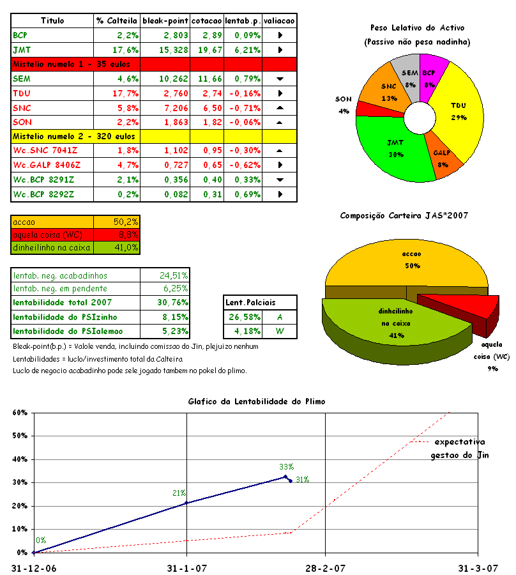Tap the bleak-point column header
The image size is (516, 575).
click(x=165, y=20)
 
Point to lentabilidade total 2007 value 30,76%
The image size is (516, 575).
click(x=173, y=302)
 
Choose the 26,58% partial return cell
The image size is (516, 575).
click(x=243, y=316)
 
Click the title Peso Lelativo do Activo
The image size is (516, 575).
click(x=417, y=28)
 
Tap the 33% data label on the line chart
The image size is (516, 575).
click(x=286, y=467)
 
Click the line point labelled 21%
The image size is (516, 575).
click(x=186, y=503)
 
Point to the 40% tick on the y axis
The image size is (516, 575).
click(x=20, y=459)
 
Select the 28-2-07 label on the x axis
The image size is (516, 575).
click(x=324, y=567)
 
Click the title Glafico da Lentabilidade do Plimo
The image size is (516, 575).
click(x=257, y=401)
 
